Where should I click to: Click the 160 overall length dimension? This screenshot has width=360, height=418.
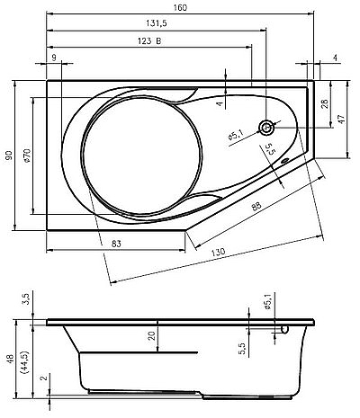click(180, 7)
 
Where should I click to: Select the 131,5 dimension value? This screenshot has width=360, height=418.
click(157, 23)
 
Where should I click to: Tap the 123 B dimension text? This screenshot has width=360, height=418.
click(149, 40)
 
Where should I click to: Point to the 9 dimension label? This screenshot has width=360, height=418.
click(54, 58)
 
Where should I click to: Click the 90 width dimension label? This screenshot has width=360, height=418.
click(9, 155)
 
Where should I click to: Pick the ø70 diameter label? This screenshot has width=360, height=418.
click(27, 156)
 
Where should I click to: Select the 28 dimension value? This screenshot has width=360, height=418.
click(325, 103)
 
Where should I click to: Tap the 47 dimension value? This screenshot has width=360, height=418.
click(342, 118)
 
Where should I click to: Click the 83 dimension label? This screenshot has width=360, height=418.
click(116, 244)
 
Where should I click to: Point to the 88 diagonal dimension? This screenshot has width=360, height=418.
click(256, 206)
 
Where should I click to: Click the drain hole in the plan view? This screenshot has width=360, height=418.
click(266, 128)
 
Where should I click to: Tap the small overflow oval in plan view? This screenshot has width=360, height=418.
click(284, 161)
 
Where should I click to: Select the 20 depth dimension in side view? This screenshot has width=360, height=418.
click(153, 335)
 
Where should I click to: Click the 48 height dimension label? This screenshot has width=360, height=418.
click(10, 359)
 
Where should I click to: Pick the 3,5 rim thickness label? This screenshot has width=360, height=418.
click(26, 299)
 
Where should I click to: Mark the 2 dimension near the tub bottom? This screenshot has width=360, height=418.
click(44, 378)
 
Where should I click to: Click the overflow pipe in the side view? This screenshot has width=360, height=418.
click(283, 329)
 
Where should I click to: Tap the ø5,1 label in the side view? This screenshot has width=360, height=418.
click(268, 301)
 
